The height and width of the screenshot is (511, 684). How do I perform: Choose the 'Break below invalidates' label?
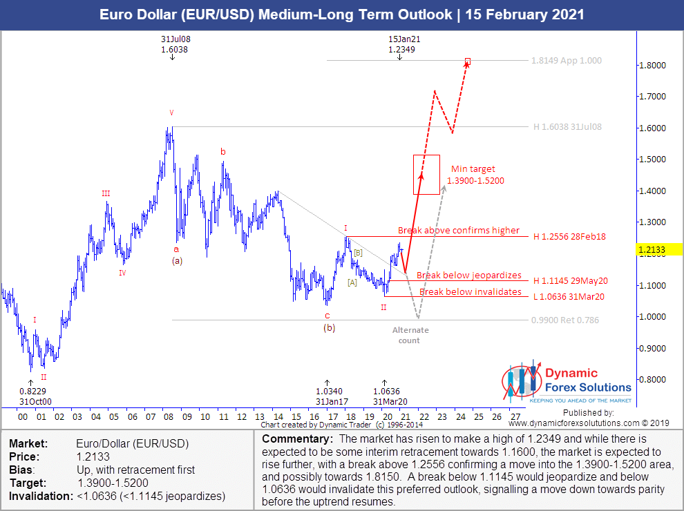[471, 292]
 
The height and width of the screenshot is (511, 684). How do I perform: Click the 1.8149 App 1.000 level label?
[567, 61]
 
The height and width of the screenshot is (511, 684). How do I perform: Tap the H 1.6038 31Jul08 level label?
[567, 127]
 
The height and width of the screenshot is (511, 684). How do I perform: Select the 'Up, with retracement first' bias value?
[135, 470]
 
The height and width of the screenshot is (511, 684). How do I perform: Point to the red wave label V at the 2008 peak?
[172, 112]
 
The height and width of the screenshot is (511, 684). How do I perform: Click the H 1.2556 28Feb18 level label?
[569, 237]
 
